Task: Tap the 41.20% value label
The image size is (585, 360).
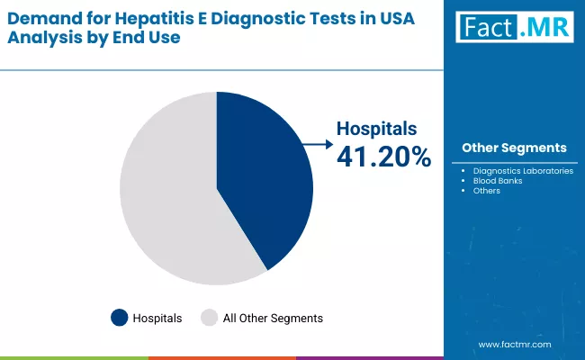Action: (x=383, y=157)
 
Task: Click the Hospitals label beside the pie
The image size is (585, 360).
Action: (x=377, y=129)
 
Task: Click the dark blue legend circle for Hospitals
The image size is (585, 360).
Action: (x=120, y=318)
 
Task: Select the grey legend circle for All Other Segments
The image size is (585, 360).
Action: (x=209, y=318)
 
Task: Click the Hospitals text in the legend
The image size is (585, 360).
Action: (x=157, y=318)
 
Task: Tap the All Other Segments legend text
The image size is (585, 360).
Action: (x=273, y=318)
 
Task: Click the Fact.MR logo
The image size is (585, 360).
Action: (x=514, y=28)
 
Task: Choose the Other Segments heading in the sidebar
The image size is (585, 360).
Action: (x=514, y=148)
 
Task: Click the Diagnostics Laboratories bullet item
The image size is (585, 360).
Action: (x=523, y=170)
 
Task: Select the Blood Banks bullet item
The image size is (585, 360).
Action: (x=497, y=180)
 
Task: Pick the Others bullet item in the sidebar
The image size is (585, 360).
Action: (x=486, y=190)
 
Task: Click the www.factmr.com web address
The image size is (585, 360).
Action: (x=514, y=344)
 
